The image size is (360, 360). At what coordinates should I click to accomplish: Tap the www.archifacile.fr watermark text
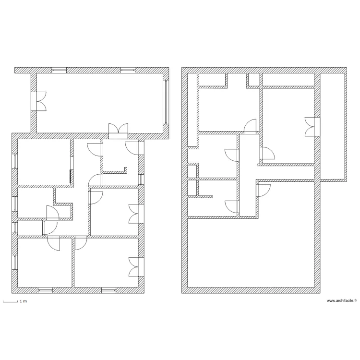pos(342,301)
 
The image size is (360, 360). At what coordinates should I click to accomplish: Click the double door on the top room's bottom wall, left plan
pos(118,130)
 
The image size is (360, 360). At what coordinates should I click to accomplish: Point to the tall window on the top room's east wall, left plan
pos(166,101)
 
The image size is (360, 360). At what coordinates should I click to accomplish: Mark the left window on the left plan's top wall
pos(59,70)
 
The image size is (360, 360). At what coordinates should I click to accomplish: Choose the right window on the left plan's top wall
pos(127,70)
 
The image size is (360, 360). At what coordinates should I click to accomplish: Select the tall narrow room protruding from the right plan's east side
pos(333,126)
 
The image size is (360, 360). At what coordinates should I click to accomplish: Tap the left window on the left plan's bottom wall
pos(46,290)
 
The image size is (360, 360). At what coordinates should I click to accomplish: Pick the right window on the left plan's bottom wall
pos(108,290)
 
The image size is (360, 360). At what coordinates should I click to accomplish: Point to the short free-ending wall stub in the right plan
pos(204,196)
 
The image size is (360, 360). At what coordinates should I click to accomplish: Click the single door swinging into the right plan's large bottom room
pos(263,190)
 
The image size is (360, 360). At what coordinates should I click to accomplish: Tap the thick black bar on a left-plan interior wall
pos(71,177)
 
